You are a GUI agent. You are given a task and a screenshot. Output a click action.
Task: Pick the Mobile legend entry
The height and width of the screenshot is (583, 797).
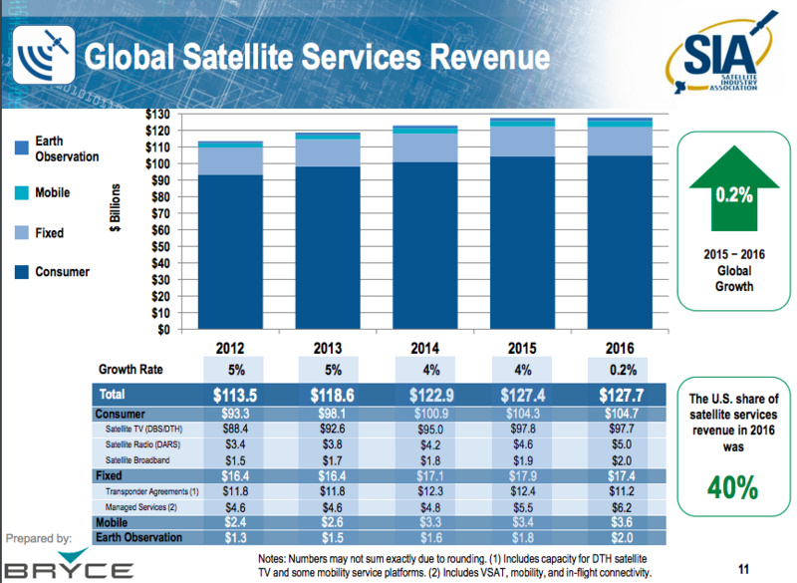pos(52,192)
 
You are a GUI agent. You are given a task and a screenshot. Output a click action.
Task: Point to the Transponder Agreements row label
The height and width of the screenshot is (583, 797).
pos(151,492)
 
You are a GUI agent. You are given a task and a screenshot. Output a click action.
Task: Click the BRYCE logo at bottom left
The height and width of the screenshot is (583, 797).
pos(68,568)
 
